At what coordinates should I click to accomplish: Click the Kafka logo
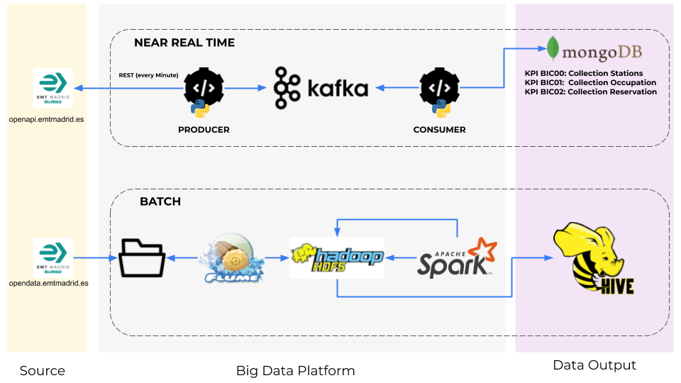coord(321,88)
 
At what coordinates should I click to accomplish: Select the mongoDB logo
coord(600,50)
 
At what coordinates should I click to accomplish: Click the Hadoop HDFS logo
coord(337,257)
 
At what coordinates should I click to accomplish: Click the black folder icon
coord(143,258)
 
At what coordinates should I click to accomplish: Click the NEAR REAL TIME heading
coord(184,43)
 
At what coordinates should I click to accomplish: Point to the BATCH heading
coord(160,201)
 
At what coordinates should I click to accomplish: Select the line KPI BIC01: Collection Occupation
coord(590,82)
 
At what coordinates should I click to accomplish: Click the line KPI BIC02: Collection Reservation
coord(590,91)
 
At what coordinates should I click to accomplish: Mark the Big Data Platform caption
coord(295,371)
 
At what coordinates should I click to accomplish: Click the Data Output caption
coord(594,365)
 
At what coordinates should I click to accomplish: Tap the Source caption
coord(43,371)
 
